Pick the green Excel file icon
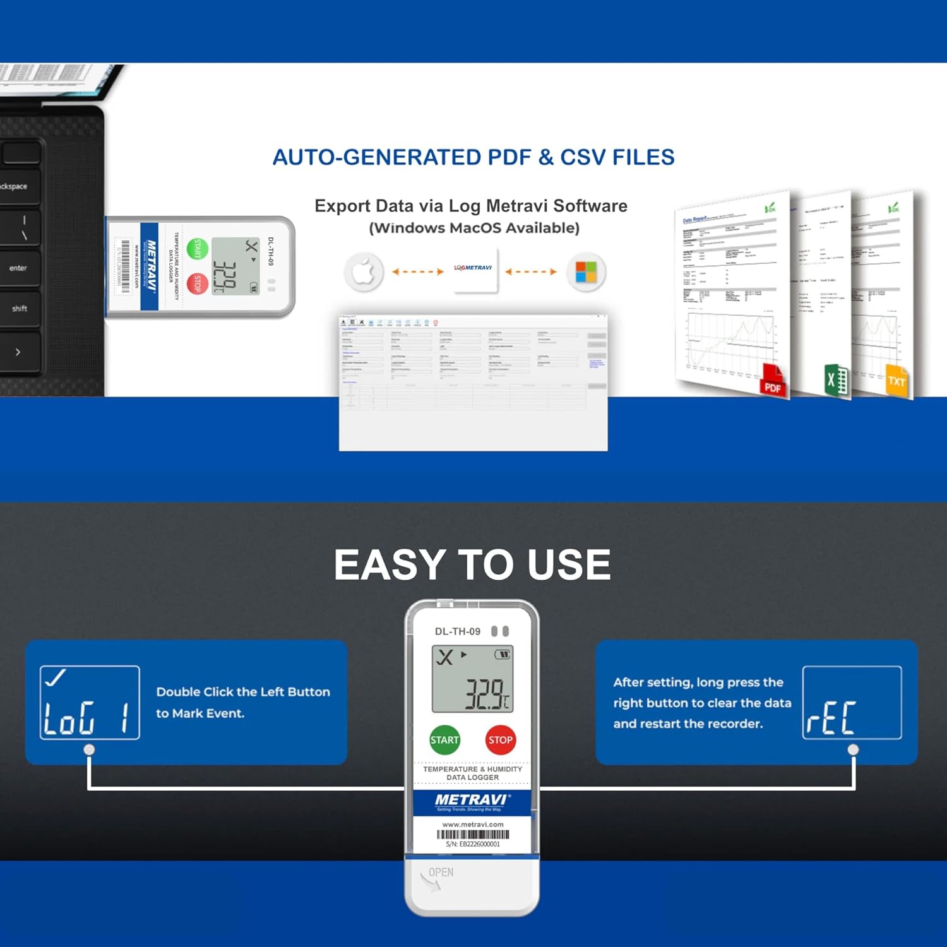point(837,380)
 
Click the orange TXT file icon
point(896,381)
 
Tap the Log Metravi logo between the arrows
point(473,268)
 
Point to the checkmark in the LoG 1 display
point(55,678)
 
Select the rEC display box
point(852,702)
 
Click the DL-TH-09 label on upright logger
point(457,631)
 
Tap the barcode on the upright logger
point(473,835)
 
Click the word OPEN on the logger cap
point(441,873)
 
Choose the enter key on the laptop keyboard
point(18,268)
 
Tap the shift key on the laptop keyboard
point(20,309)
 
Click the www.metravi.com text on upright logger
point(473,825)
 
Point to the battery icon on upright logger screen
point(503,655)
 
